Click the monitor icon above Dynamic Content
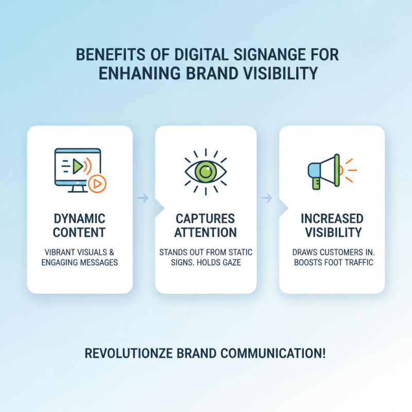point(77,168)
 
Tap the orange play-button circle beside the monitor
point(97,184)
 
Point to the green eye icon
point(206,171)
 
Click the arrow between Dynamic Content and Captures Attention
point(144,197)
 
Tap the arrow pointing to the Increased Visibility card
point(267,197)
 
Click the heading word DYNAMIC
point(80,218)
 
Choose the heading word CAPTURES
point(205,218)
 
